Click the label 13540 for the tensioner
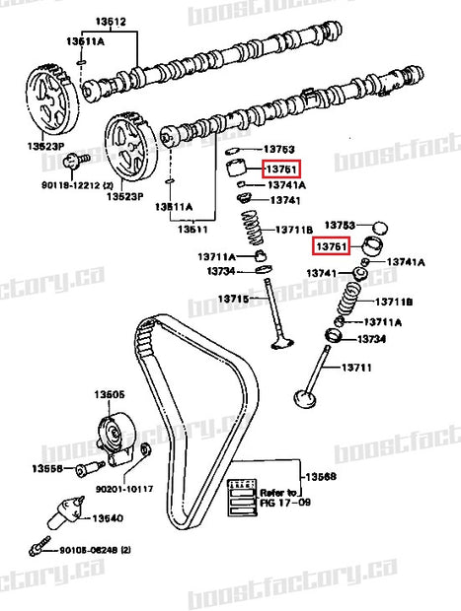point(108,516)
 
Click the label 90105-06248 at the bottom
point(93,550)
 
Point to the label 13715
point(234,298)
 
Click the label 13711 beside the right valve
point(357,368)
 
